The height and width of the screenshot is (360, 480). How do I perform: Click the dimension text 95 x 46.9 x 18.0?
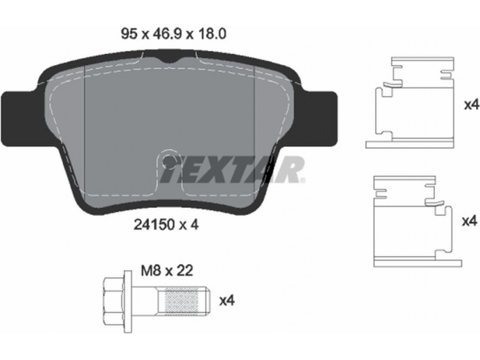click(173, 34)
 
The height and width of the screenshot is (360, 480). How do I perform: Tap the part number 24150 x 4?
click(166, 225)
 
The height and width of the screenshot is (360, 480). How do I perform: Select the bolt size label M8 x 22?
click(167, 271)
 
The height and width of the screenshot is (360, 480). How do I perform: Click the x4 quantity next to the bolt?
click(227, 301)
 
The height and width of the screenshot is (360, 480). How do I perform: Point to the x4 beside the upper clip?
click(472, 105)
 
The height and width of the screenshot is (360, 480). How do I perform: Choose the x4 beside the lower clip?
click(470, 221)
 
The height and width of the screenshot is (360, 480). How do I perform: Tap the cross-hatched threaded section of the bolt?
click(181, 301)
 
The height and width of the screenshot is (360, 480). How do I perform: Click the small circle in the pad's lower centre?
click(168, 160)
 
